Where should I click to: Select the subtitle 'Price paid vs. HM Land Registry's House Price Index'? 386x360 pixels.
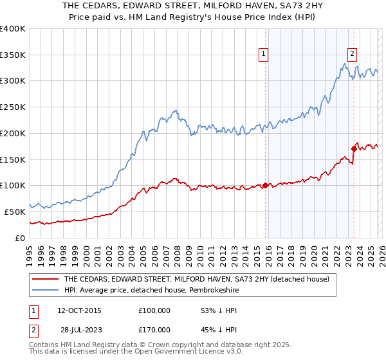coord(192,17)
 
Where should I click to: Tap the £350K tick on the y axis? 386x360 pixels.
coord(13,55)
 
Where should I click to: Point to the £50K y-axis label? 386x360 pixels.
coord(15,212)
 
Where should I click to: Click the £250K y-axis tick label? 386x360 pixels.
coord(13,107)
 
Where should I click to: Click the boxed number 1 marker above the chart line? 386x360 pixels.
coord(264,55)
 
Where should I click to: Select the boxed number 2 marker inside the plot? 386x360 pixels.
coord(353,55)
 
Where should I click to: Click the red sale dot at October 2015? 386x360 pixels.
coord(265,186)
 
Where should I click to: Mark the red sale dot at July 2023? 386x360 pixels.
coord(354,149)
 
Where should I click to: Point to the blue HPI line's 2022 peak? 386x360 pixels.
coord(345,64)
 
